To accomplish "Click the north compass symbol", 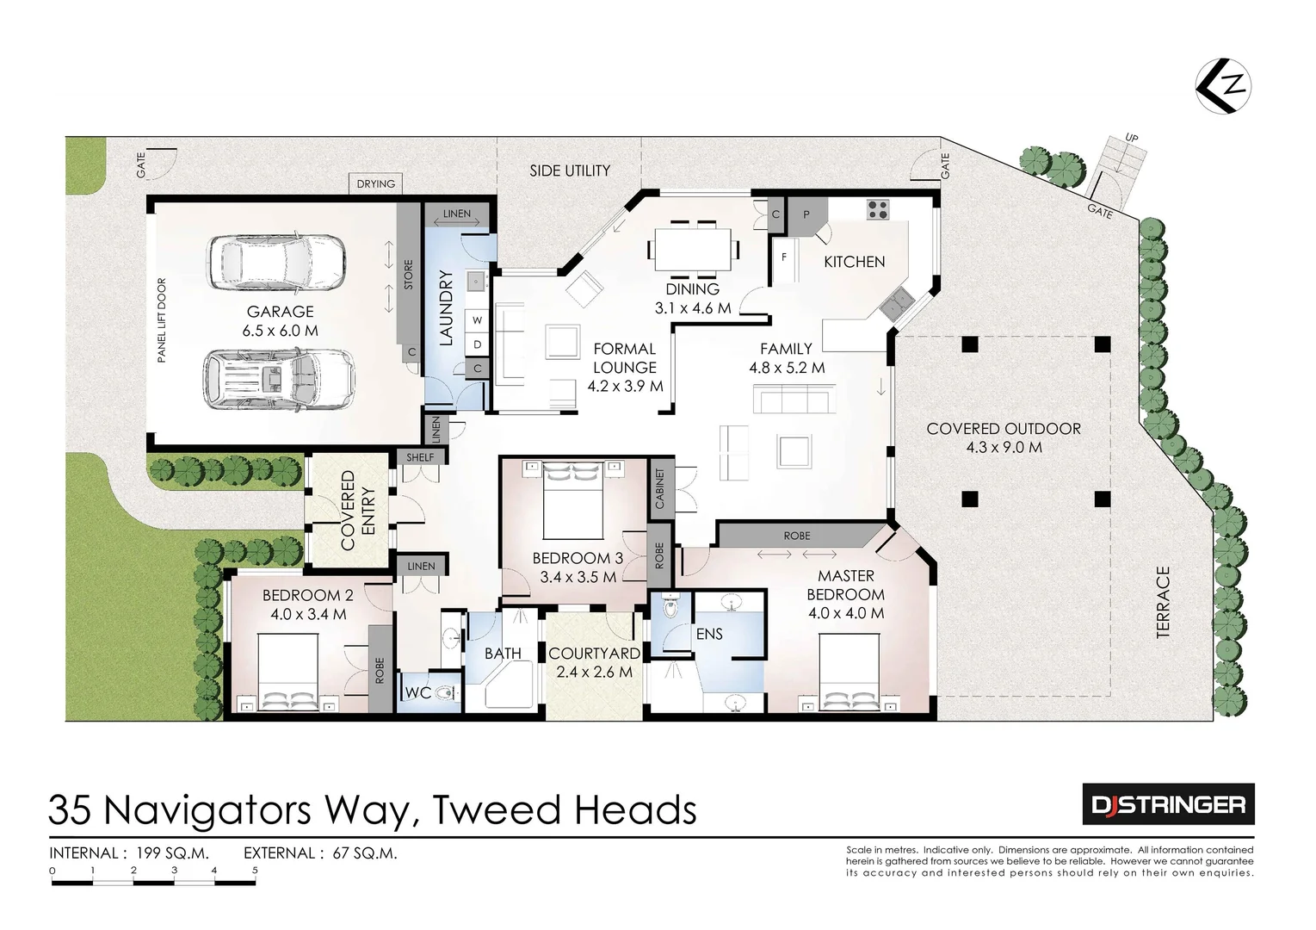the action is (1223, 86).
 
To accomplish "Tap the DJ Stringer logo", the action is (1169, 804).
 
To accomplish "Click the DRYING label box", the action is (376, 184).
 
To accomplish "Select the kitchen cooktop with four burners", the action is (877, 210).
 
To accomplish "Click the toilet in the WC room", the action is (447, 694).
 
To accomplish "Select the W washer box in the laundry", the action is (477, 320).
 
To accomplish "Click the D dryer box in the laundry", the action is (477, 344).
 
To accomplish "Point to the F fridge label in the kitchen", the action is (784, 257).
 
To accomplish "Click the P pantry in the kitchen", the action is (806, 215).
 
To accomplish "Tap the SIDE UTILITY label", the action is (570, 171).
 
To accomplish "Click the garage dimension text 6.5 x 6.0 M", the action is (281, 331).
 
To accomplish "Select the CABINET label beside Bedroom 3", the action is (660, 488).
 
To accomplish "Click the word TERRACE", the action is (1164, 602).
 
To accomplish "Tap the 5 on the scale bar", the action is (255, 871).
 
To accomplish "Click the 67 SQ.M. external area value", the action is (365, 853).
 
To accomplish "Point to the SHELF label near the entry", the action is (420, 457).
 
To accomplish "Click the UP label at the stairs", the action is (1131, 139).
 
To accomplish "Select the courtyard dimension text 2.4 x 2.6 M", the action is (594, 672).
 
